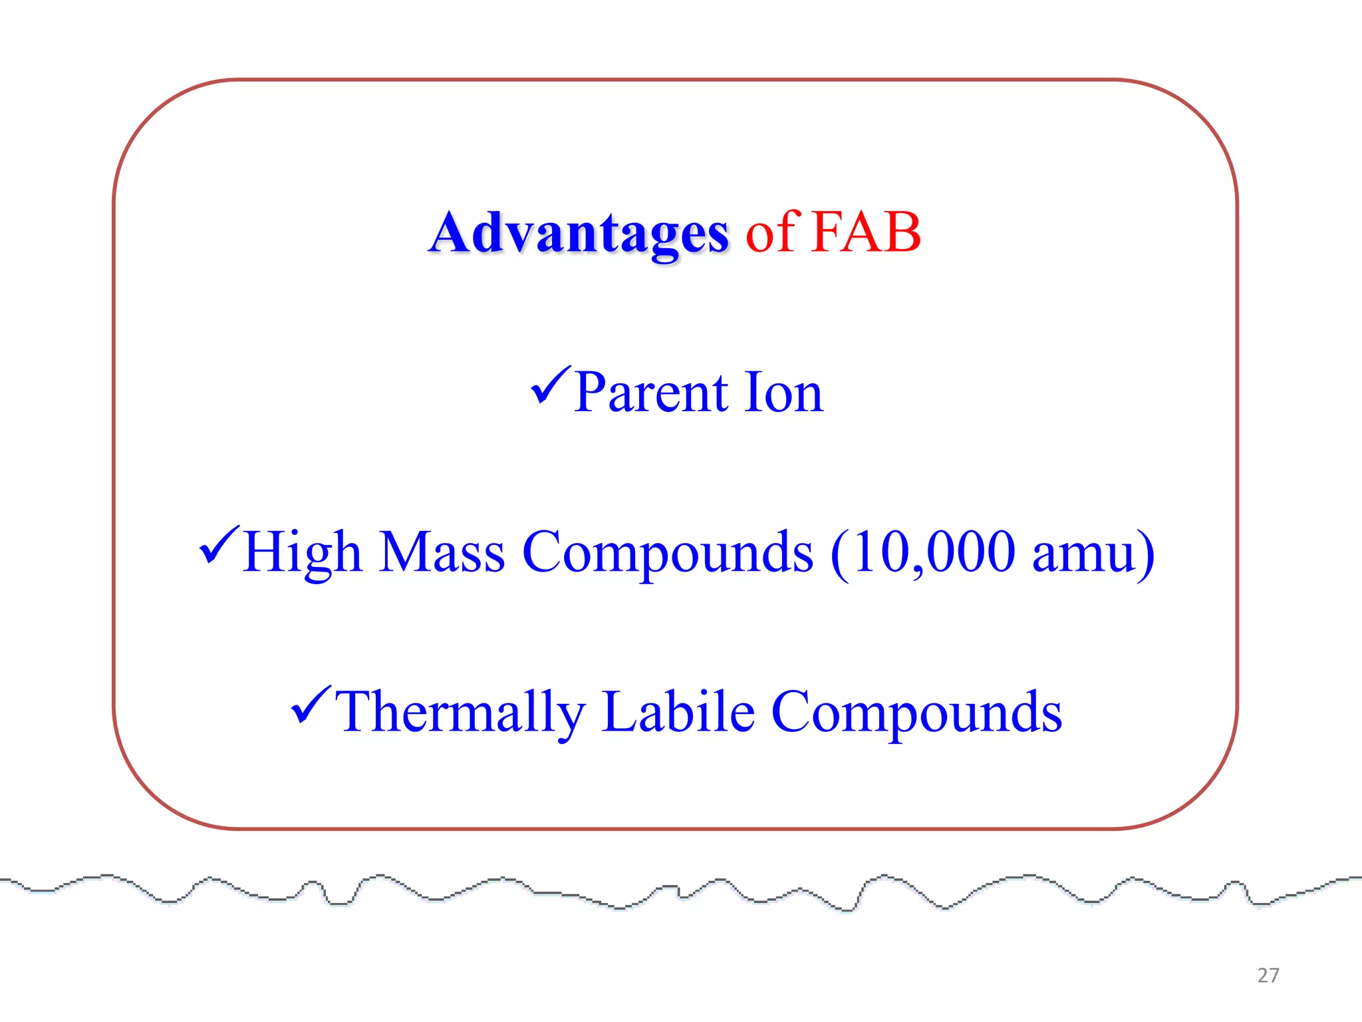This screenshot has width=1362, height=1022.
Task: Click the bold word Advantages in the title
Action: (x=579, y=233)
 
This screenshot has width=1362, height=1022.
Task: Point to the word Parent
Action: (x=651, y=392)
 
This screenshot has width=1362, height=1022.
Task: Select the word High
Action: (x=303, y=552)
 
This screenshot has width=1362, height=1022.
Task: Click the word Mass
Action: (x=442, y=552)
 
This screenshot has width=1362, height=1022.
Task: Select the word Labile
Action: (x=678, y=712)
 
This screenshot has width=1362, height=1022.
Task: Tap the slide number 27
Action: (x=1268, y=975)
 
